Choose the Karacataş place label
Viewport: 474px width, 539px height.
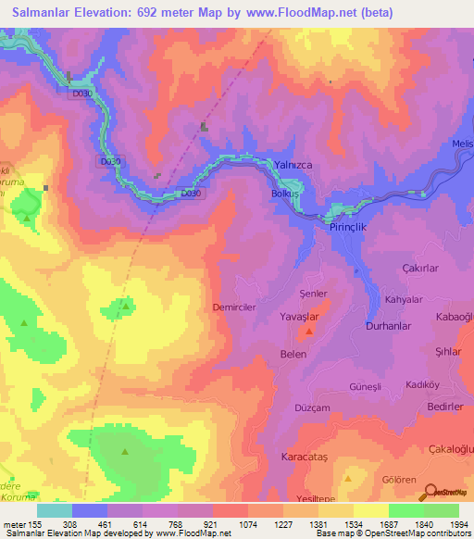(304, 458)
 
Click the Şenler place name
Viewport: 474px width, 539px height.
(314, 294)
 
